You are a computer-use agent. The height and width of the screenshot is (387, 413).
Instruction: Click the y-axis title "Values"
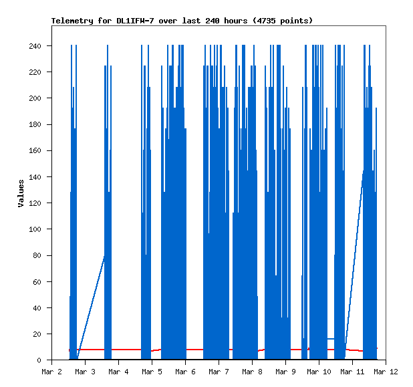(21, 193)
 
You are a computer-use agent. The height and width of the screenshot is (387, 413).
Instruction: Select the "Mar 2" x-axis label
(51, 371)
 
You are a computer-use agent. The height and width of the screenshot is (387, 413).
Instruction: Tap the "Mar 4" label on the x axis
(118, 371)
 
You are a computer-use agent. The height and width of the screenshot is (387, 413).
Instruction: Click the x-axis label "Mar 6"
(185, 371)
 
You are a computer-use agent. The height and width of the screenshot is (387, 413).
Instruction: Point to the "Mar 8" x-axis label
(252, 371)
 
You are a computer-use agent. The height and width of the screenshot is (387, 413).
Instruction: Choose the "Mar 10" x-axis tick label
(319, 371)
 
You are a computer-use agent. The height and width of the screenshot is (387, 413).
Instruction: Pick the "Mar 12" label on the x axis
(386, 371)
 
